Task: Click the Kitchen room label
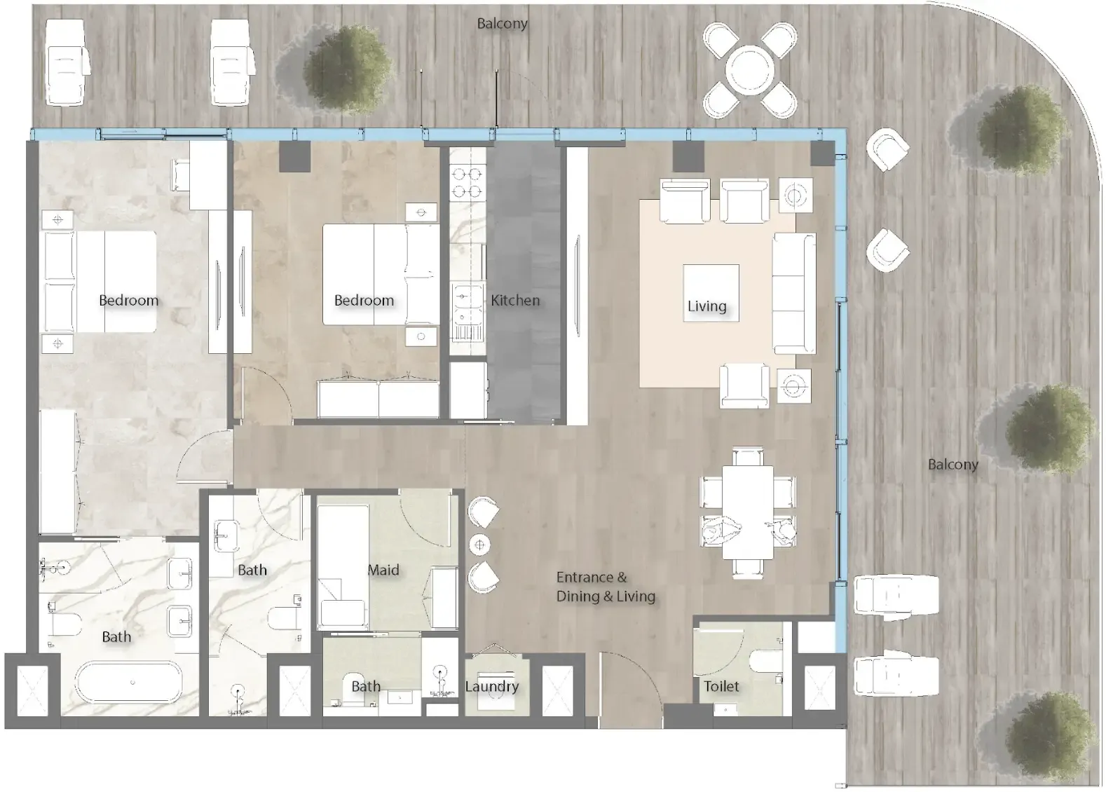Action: [515, 300]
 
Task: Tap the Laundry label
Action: [492, 686]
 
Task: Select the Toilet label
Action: [721, 686]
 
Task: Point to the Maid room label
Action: [383, 570]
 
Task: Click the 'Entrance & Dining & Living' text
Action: [606, 587]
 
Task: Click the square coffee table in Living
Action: [711, 293]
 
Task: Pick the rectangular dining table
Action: [748, 512]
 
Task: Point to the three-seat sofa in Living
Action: [794, 293]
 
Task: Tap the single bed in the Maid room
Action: [343, 567]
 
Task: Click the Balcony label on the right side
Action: [953, 465]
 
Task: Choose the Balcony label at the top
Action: [502, 24]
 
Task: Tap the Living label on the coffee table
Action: [706, 306]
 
